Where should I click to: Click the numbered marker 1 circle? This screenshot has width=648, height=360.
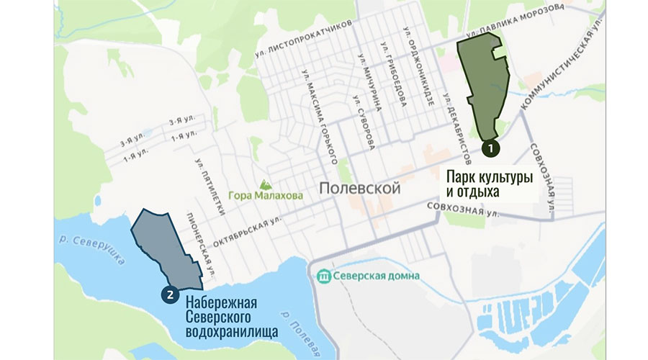[490, 147]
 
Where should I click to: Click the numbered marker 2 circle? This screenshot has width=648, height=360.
[171, 293]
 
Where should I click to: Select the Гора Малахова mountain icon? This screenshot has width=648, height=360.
[267, 184]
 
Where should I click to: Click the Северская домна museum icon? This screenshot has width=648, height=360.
[324, 275]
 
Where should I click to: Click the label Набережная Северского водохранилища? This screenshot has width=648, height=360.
[222, 318]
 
